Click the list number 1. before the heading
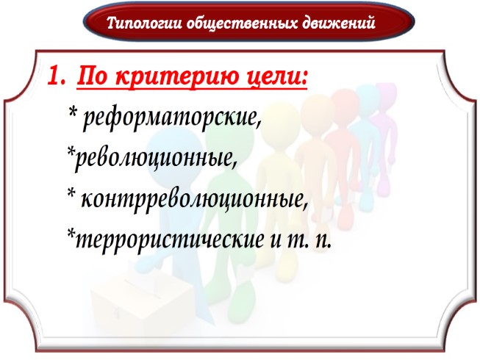pos(58,76)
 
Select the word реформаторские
pos(172,117)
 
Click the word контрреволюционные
pos(194,198)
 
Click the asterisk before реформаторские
pos(72,114)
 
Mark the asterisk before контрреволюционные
pos(72,195)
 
